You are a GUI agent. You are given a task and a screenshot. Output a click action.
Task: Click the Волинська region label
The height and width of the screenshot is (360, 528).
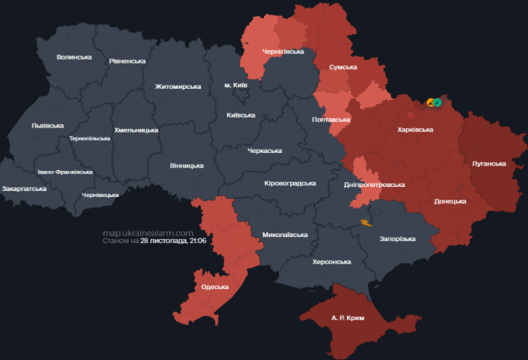click(x=74, y=57)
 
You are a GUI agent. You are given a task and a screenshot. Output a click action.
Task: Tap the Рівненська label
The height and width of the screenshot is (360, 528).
click(x=127, y=61)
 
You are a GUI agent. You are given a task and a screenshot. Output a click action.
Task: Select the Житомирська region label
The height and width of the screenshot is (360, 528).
click(x=178, y=87)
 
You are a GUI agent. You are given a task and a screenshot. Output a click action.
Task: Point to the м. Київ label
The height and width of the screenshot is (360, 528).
click(x=236, y=85)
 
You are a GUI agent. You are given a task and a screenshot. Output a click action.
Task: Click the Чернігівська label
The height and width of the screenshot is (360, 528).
click(x=283, y=51)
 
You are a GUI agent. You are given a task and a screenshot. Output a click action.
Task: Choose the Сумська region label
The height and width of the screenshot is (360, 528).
click(x=343, y=67)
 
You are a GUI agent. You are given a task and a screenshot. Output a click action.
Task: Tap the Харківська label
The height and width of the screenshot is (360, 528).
click(x=415, y=130)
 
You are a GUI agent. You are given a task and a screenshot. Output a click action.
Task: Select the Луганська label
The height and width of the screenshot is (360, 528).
click(x=489, y=163)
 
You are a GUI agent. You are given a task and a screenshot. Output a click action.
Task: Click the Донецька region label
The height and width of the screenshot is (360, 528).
click(x=450, y=201)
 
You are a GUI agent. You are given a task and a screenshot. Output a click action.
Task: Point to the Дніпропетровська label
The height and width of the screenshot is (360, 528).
click(x=374, y=184)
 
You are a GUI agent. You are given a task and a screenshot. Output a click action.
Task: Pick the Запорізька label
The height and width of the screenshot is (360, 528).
click(x=397, y=238)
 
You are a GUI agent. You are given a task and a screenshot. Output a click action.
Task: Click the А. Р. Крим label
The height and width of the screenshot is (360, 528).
click(x=348, y=318)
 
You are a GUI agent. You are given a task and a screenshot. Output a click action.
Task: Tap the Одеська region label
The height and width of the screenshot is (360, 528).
click(x=215, y=287)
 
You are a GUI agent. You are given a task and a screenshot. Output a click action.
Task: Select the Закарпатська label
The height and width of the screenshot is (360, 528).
click(x=25, y=188)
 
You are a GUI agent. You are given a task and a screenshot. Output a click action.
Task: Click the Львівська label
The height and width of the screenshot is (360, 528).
click(x=47, y=126)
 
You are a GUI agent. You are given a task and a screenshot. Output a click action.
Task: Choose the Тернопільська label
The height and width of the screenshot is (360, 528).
click(x=90, y=138)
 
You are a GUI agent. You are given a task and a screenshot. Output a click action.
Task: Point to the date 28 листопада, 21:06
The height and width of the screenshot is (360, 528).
click(x=172, y=240)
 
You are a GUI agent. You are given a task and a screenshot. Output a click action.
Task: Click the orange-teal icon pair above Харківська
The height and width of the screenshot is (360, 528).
click(x=434, y=102)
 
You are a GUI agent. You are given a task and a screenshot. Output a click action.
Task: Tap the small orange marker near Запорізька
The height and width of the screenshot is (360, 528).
click(x=365, y=222)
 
